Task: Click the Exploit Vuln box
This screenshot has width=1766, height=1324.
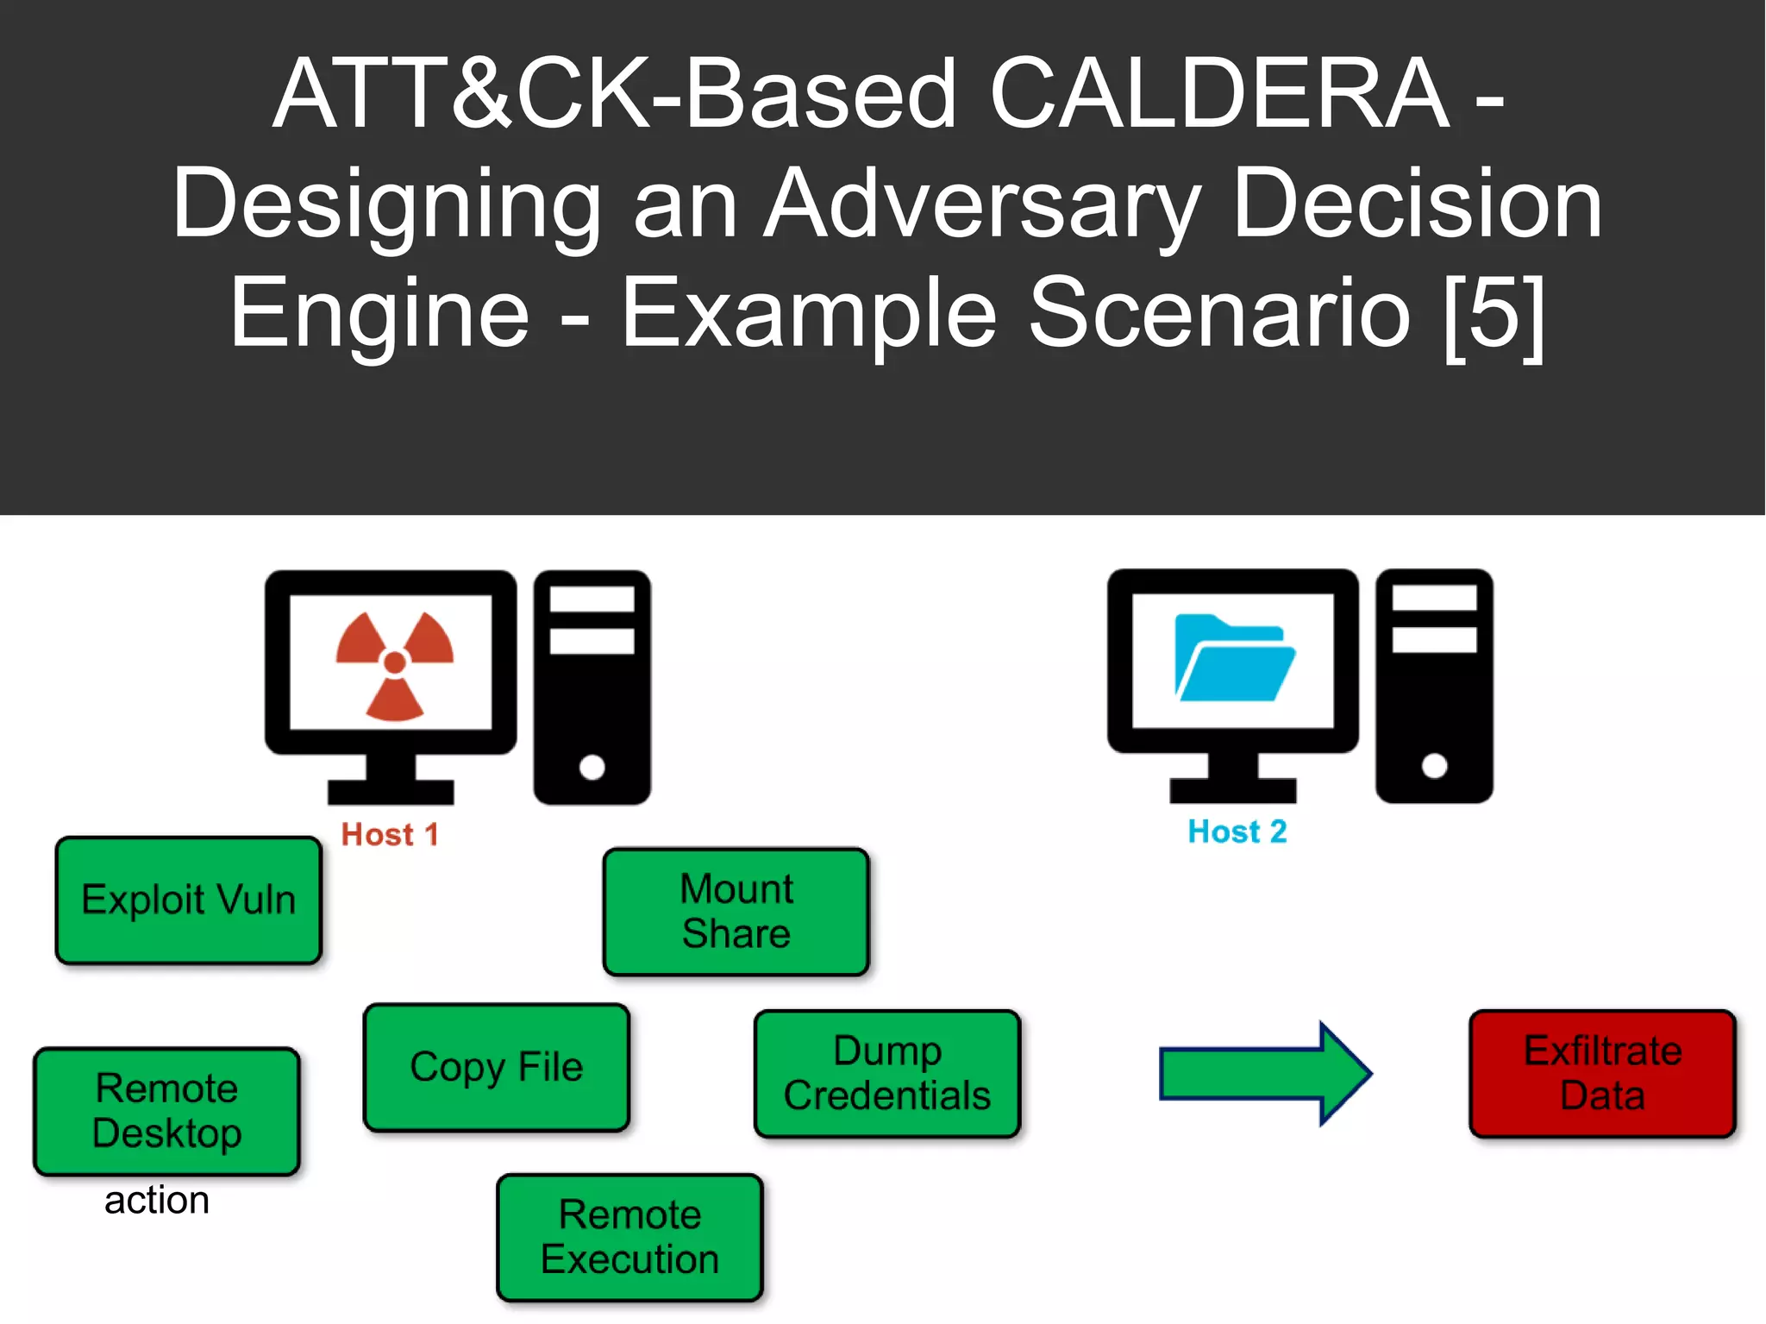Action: click(188, 900)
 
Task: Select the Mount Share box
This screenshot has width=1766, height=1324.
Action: click(736, 911)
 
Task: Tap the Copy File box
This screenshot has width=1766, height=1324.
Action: click(496, 1067)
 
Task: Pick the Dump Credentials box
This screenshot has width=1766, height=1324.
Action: click(886, 1073)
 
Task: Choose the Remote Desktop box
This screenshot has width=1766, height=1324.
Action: click(166, 1111)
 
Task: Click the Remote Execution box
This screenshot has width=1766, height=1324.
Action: click(629, 1237)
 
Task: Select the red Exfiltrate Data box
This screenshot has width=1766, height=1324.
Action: click(1602, 1073)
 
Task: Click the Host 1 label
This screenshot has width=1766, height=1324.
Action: click(390, 834)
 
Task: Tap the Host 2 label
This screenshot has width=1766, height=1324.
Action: click(1237, 831)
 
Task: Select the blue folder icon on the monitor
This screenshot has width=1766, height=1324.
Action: click(1233, 658)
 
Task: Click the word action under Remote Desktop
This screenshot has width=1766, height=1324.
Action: click(157, 1200)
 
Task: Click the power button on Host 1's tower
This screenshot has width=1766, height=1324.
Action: click(592, 766)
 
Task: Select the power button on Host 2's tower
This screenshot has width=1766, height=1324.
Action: click(1434, 765)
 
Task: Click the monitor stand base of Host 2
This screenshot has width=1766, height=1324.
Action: click(1232, 789)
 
